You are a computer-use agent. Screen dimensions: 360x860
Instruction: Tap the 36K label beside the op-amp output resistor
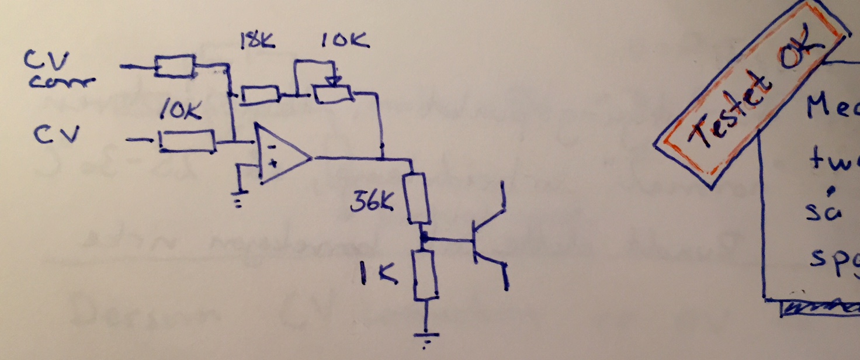click(x=373, y=201)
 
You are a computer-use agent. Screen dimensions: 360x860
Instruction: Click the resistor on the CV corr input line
click(x=175, y=67)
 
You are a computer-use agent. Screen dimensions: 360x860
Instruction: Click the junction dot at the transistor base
click(x=422, y=238)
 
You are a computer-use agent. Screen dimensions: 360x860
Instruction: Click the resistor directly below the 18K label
click(x=261, y=95)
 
